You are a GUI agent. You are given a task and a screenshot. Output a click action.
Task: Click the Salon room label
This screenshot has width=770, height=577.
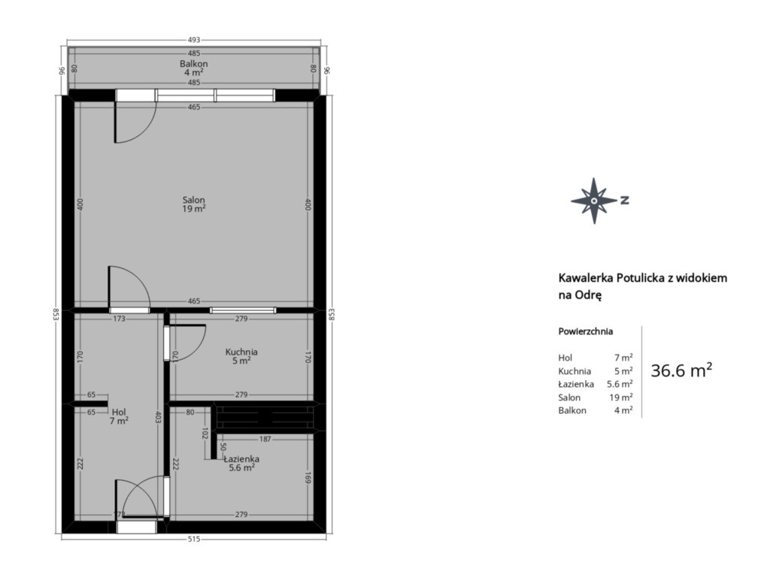[x=193, y=200]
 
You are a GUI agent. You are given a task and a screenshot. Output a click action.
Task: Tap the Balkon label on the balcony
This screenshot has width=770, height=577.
[x=193, y=64]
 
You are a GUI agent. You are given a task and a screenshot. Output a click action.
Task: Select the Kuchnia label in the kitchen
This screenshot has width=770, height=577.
[x=241, y=352]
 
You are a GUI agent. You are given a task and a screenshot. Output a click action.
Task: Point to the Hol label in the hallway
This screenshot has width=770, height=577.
[x=119, y=412]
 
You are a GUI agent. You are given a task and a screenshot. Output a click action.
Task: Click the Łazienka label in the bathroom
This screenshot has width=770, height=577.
[x=241, y=459]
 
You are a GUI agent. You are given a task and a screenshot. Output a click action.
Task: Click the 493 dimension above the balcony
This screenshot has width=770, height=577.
[x=194, y=40]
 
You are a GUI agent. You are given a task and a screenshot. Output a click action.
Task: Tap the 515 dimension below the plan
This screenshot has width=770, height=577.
[x=194, y=539]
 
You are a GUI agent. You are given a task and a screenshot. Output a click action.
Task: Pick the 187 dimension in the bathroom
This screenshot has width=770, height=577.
[x=265, y=439]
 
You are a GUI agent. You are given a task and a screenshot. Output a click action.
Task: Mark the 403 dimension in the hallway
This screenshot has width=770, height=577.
[x=158, y=418]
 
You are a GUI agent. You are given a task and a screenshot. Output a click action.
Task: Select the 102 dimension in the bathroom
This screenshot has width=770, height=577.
[x=205, y=434]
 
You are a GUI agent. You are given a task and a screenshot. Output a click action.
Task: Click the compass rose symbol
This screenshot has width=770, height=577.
[x=594, y=201]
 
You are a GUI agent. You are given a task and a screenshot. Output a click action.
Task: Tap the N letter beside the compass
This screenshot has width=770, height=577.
[x=625, y=200]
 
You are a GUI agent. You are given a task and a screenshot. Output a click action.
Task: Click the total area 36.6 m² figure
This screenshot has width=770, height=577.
[x=681, y=370]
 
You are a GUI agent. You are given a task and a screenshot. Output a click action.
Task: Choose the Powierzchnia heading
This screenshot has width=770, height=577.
[x=585, y=331]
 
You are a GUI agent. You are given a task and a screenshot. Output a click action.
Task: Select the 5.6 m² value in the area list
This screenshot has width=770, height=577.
[x=620, y=384]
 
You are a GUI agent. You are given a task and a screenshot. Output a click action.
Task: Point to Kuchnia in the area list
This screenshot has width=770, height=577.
[x=574, y=371]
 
